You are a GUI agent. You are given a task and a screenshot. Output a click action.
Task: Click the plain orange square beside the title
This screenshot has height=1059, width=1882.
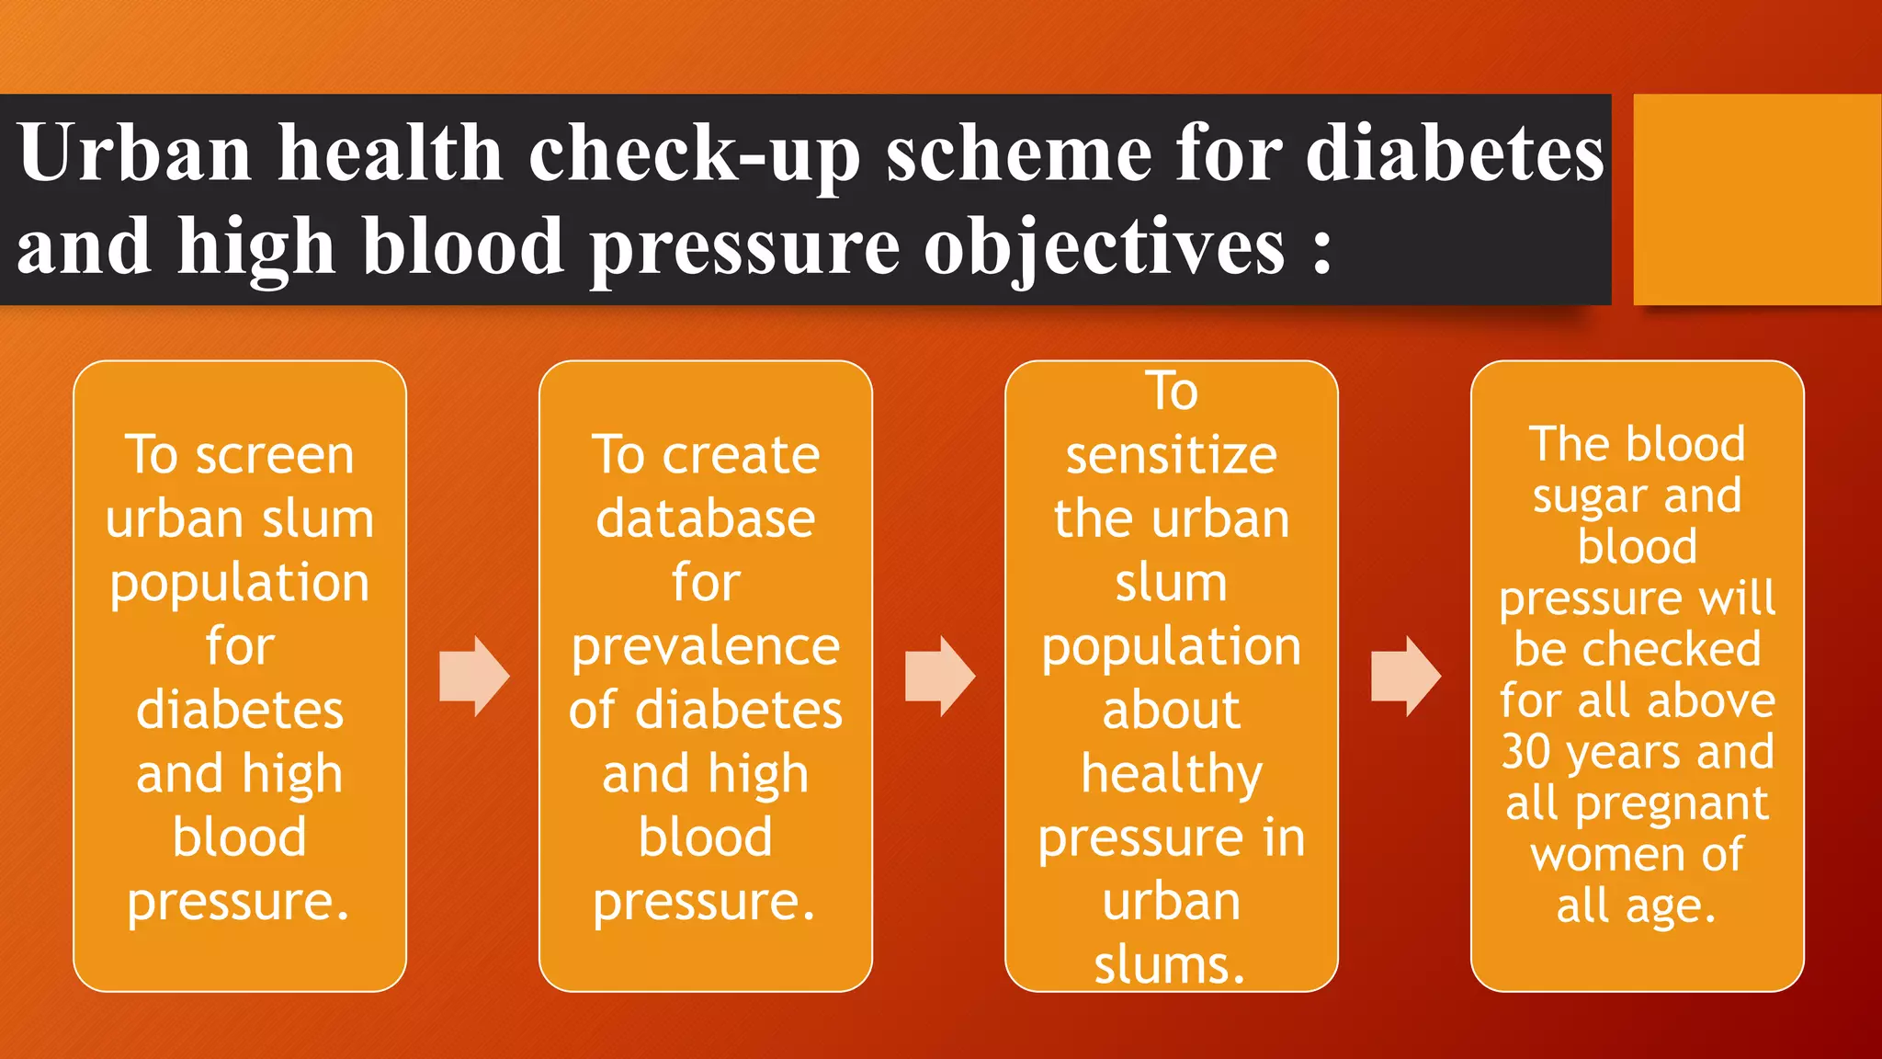[x=1756, y=199]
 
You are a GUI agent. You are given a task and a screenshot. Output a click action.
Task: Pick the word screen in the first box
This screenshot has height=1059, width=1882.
[x=275, y=455]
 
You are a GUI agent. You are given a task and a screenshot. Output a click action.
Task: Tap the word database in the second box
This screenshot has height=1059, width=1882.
[x=705, y=519]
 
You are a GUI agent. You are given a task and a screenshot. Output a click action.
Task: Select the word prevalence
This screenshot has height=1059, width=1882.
[x=705, y=647]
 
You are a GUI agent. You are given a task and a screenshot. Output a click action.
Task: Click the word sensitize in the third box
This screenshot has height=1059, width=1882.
[x=1171, y=455]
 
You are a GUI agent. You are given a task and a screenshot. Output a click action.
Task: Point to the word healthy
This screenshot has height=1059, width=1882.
[x=1171, y=775]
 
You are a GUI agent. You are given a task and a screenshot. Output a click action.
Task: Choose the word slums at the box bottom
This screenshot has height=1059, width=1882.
[x=1169, y=965]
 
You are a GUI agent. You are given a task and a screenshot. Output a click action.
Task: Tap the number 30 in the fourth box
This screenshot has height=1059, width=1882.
[x=1526, y=751]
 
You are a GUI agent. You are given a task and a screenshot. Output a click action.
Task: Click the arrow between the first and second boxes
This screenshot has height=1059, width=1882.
[x=473, y=676]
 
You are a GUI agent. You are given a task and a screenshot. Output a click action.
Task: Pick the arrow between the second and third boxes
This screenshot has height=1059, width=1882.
[x=939, y=676]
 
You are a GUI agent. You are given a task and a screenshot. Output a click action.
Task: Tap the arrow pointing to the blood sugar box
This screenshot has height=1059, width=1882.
[x=1405, y=676]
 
